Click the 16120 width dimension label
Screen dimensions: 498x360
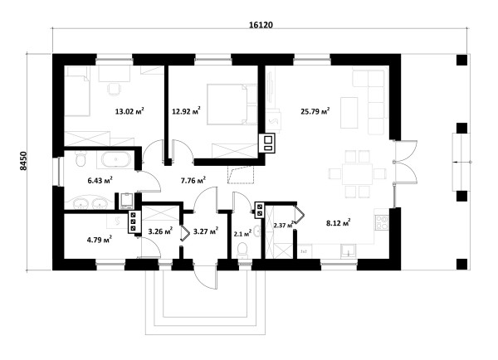[x=261, y=25]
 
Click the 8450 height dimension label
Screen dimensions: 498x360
[x=24, y=162]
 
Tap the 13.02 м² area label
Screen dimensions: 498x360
[x=129, y=111]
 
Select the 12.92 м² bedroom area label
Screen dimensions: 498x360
[x=186, y=111]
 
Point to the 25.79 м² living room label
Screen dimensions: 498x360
[x=315, y=111]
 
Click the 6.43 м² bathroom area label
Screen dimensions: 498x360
[x=100, y=180]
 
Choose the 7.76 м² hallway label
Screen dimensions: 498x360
[x=193, y=180]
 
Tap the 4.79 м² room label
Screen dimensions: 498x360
[x=99, y=240]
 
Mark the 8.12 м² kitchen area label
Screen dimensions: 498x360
[x=339, y=223]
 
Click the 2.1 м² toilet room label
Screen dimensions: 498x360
[x=242, y=234]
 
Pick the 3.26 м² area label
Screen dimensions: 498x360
[x=160, y=231]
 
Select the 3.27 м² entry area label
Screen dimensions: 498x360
[x=206, y=231]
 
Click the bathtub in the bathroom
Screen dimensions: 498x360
[x=115, y=159]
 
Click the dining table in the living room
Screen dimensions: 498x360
[x=357, y=174]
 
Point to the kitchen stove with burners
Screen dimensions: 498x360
[x=382, y=222]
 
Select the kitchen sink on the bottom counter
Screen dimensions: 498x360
[x=349, y=251]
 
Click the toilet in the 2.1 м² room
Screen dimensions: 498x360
[x=242, y=250]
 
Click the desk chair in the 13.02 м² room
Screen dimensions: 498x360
[x=114, y=89]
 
